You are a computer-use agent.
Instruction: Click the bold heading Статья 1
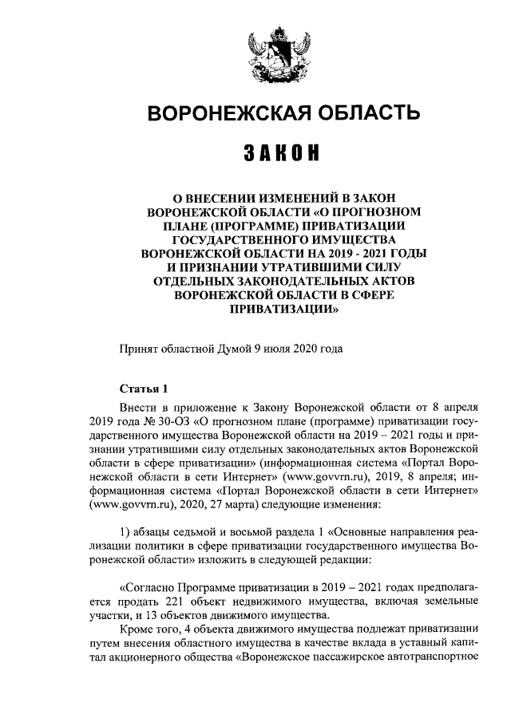(x=144, y=389)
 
